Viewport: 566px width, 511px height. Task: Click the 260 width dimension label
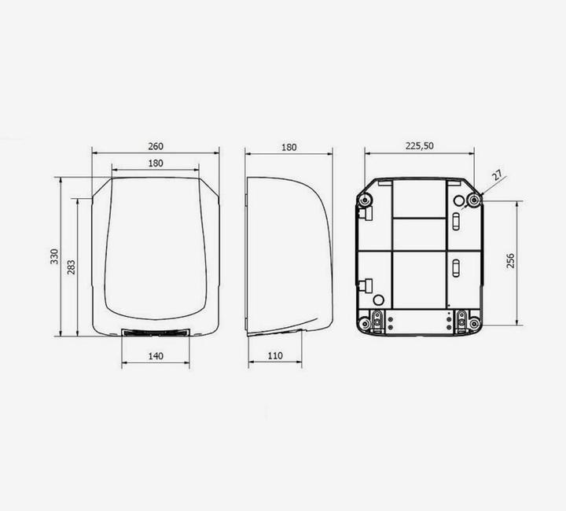point(156,146)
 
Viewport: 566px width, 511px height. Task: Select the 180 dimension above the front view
point(156,163)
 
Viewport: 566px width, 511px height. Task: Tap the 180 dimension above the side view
point(289,147)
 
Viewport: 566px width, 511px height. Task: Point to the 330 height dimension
point(54,256)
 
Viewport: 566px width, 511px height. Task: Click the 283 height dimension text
point(72,267)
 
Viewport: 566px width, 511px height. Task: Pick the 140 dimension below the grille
point(156,356)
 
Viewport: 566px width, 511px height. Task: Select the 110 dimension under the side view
point(275,356)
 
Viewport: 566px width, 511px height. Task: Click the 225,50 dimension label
point(420,145)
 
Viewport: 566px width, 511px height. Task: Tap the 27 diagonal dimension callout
point(498,175)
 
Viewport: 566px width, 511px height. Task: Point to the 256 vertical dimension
point(510,260)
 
